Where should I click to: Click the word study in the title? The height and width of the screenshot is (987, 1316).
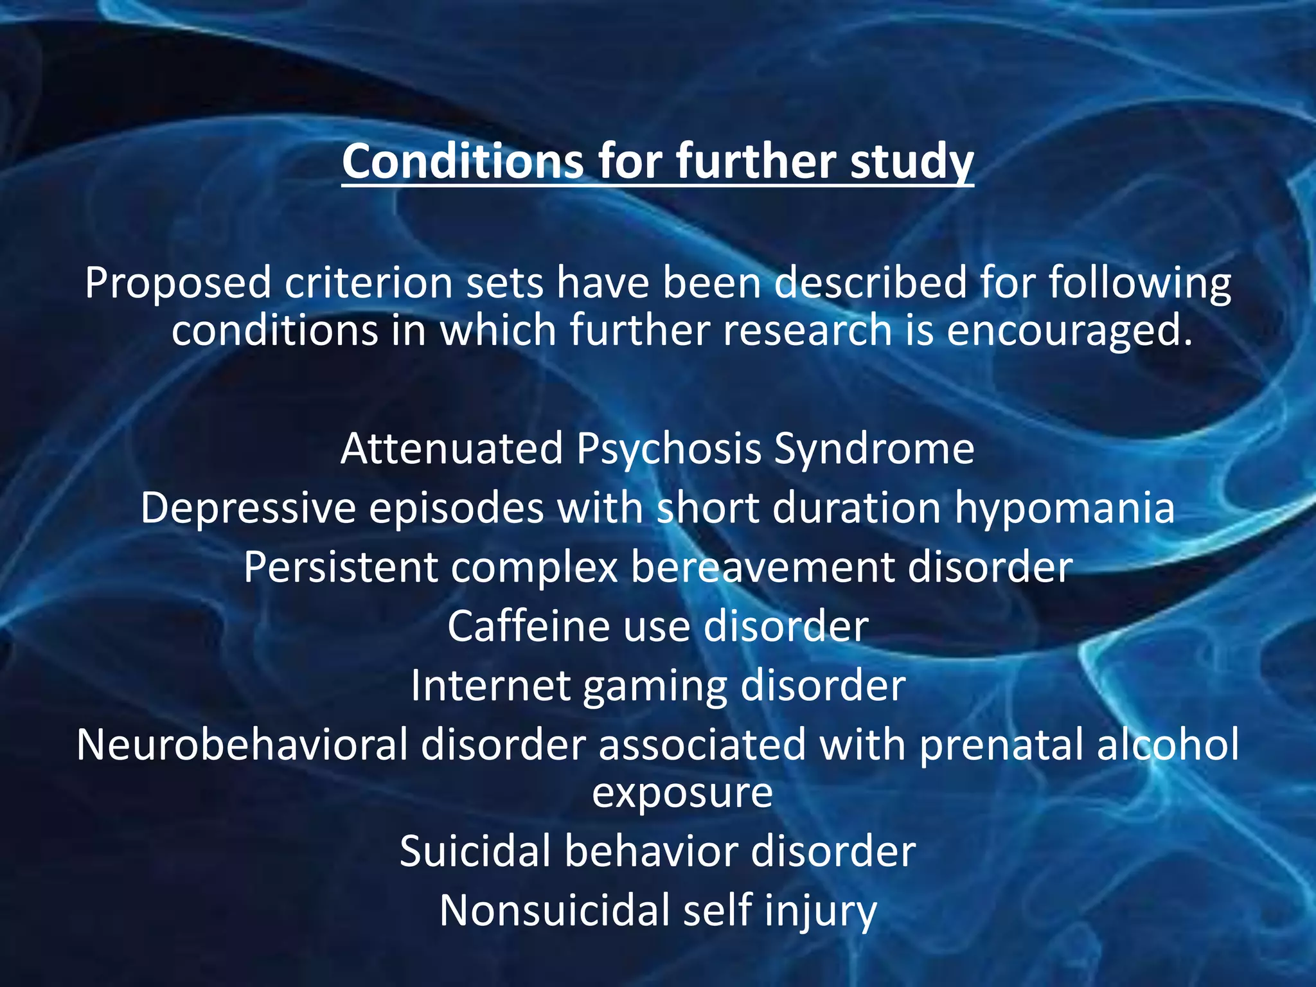click(912, 162)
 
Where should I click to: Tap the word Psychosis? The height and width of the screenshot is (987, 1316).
click(668, 450)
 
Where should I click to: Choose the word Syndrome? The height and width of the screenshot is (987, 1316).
click(874, 449)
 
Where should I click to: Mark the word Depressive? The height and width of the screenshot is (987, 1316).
click(248, 508)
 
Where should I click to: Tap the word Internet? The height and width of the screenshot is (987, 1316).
click(490, 686)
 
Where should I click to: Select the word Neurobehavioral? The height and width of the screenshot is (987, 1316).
click(242, 745)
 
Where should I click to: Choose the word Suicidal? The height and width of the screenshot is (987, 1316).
click(475, 852)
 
